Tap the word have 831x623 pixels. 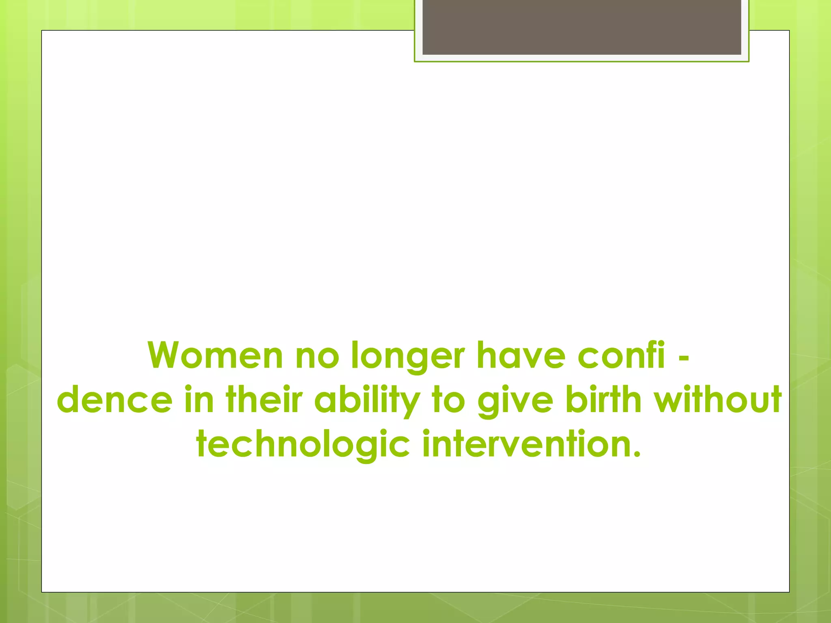click(x=521, y=356)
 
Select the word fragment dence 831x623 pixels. click(x=115, y=400)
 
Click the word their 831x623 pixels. click(x=264, y=400)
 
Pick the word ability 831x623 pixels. click(x=367, y=400)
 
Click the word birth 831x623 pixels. click(x=603, y=400)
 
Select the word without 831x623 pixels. click(x=717, y=400)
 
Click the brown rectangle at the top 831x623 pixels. click(x=581, y=27)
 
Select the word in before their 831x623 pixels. click(x=199, y=400)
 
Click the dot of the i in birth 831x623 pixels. click(x=598, y=387)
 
